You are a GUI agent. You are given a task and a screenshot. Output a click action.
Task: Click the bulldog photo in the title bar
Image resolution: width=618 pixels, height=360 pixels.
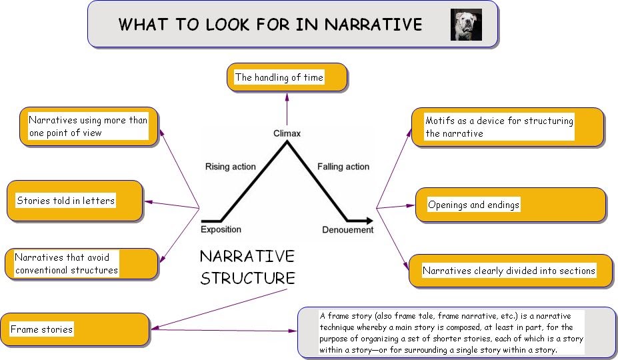465,25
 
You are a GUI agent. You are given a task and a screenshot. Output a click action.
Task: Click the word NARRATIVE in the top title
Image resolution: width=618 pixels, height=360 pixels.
373,25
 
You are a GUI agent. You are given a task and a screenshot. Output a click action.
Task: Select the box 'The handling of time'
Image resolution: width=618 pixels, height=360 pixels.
287,77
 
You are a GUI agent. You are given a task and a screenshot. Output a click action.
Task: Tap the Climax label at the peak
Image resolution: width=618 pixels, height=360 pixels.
287,133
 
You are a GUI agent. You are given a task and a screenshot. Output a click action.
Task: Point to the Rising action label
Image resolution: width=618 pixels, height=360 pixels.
230,167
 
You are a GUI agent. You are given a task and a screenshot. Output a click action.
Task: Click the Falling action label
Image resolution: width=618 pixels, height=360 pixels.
343,167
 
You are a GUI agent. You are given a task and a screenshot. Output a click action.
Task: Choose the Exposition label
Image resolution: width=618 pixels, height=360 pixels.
221,230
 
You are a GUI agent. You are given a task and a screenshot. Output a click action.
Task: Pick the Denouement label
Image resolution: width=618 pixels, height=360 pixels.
347,230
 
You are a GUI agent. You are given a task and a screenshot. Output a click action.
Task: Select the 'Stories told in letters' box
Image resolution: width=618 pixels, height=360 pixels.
74,201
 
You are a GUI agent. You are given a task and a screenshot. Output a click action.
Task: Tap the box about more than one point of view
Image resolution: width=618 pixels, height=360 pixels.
88,127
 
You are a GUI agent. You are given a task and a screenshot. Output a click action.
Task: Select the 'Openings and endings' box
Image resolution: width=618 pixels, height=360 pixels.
510,205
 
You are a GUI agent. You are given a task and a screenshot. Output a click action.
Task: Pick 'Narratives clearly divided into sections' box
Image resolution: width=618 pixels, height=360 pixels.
510,271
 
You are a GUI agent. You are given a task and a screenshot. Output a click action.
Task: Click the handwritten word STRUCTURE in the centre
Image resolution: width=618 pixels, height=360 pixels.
247,278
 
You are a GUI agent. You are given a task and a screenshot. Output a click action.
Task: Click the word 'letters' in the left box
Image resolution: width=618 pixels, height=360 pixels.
98,201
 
